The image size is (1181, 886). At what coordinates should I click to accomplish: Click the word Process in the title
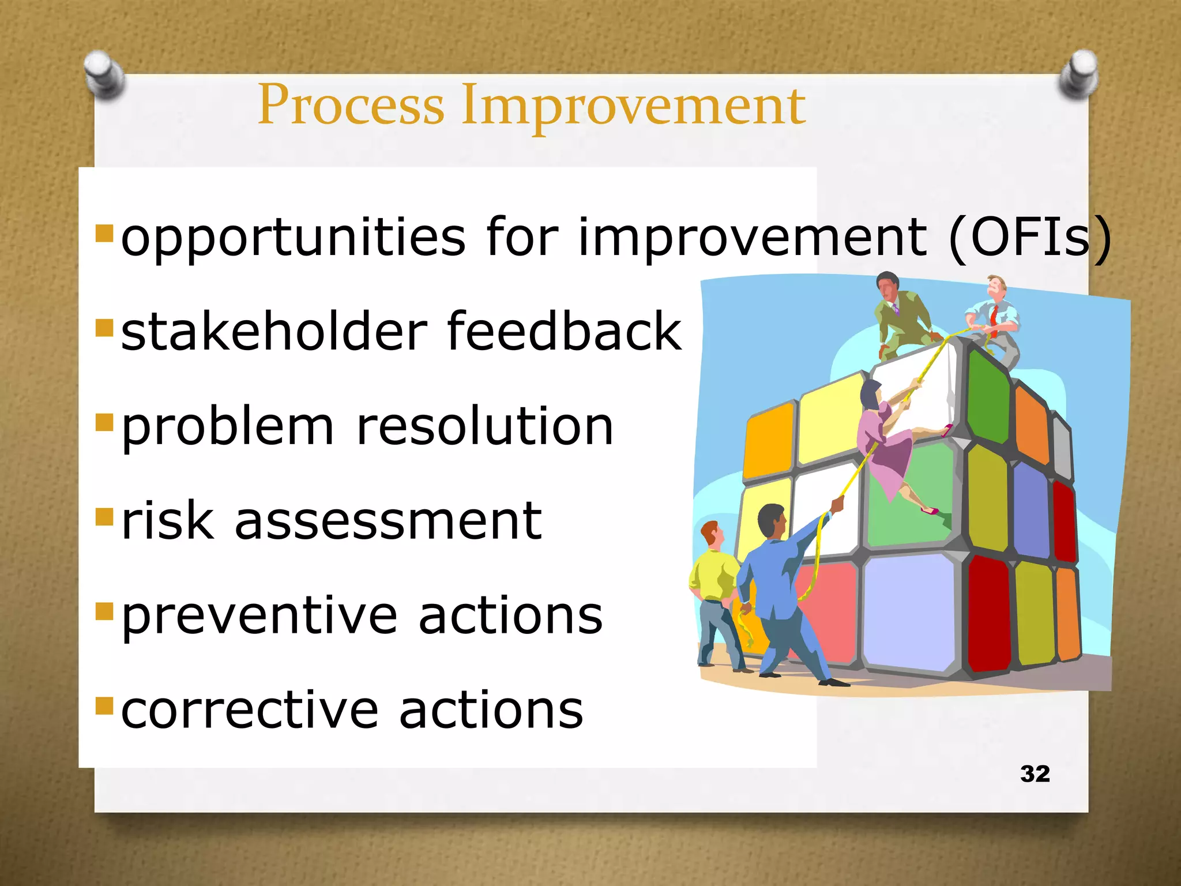(351, 105)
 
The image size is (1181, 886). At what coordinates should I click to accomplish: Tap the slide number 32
(1035, 774)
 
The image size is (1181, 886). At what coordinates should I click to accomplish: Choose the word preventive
(259, 616)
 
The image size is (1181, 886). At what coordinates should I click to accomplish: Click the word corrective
(250, 710)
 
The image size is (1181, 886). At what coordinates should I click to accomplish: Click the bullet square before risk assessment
(104, 516)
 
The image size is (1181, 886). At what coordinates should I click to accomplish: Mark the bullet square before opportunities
(104, 233)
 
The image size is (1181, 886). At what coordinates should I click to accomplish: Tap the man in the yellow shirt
(714, 594)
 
